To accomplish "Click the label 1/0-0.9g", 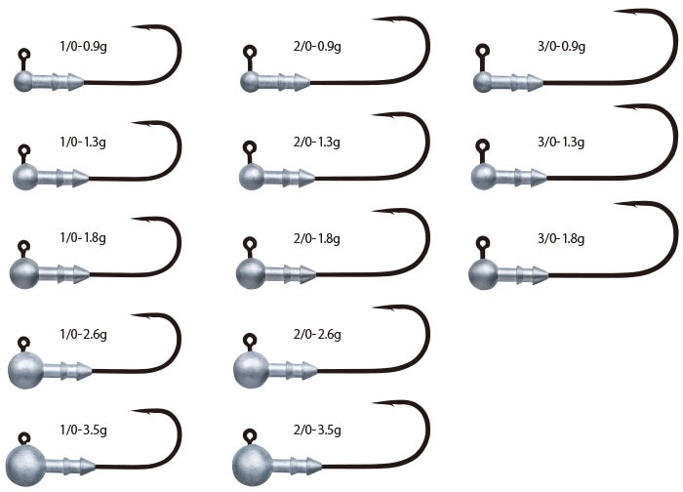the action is (x=83, y=46).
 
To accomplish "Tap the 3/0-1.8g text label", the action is (x=561, y=238).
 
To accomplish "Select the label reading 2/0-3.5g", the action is (x=317, y=430).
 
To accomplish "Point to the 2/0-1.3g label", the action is (x=317, y=143).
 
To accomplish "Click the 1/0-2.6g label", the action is (x=83, y=334).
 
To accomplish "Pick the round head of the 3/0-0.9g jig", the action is (x=483, y=82).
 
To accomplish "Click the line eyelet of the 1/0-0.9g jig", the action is (x=24, y=55).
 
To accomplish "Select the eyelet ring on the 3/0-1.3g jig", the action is (x=482, y=145).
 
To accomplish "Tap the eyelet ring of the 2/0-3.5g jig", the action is (x=250, y=435).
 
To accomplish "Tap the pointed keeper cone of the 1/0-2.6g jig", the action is (x=84, y=371).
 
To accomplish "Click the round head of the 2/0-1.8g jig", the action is (x=251, y=273).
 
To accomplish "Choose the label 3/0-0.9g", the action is (x=561, y=46).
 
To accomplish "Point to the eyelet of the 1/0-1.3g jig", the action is (x=24, y=150).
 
